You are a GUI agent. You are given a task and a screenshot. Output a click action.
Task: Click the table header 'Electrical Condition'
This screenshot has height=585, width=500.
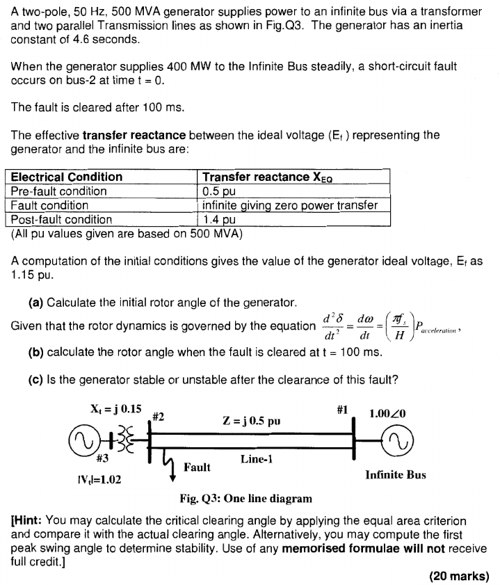[x=67, y=177]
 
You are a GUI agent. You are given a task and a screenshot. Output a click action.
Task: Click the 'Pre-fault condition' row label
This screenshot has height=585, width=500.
[x=59, y=191]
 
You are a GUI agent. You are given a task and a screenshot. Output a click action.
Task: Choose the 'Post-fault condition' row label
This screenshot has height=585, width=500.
[x=62, y=220]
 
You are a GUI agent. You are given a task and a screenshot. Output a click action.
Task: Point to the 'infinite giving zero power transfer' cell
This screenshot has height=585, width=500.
[x=289, y=205]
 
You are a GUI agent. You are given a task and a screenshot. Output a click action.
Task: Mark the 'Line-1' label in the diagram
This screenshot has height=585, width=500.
[x=257, y=459]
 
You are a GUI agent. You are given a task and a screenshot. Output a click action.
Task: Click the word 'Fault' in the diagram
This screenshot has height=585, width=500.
[x=197, y=467]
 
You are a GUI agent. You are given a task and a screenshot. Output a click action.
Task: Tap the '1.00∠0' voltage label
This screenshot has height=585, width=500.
[x=393, y=413]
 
